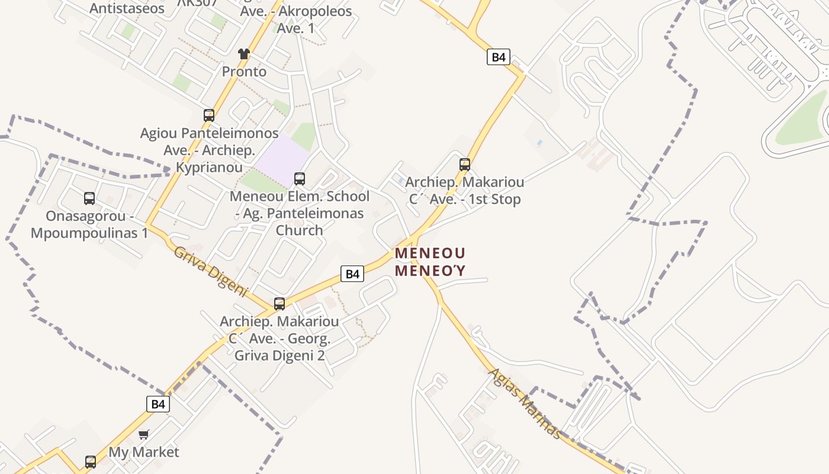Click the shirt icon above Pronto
pos(244,54)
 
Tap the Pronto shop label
pos(244,72)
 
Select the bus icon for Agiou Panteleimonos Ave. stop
pos(209,115)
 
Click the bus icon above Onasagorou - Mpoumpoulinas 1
pos(89,198)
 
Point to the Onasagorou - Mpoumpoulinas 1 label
pos(89,225)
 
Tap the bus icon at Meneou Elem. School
pos(300,178)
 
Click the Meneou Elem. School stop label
pos(300,213)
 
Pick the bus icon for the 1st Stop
pos(465,164)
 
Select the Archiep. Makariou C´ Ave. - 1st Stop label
pos(465,191)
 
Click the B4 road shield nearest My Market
pos(158,404)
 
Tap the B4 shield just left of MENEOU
pos(352,274)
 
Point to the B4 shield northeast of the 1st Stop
pos(499,57)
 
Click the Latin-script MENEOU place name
pos(430,253)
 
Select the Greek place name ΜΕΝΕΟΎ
pos(430,271)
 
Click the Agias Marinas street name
pos(525,403)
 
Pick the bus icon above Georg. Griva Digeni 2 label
pos(279,304)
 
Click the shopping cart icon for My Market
pos(144,435)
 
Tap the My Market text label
pos(144,452)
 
